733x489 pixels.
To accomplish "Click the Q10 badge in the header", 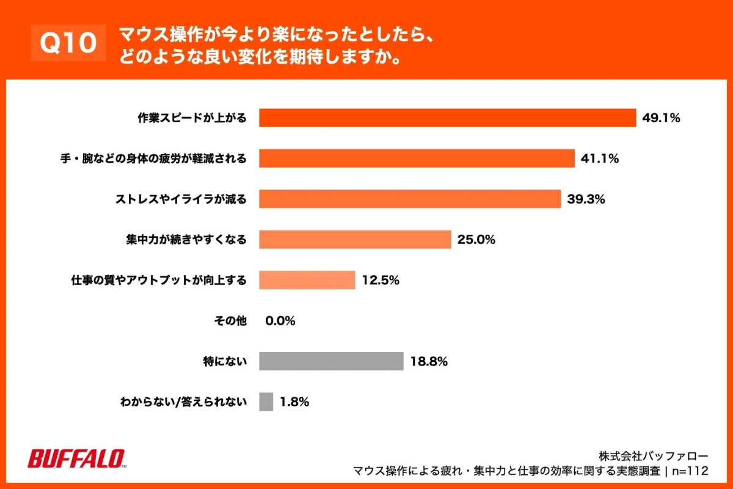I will pyautogui.click(x=68, y=43).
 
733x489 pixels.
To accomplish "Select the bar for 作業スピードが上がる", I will pyautogui.click(x=447, y=118).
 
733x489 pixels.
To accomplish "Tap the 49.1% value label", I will pyautogui.click(x=661, y=118).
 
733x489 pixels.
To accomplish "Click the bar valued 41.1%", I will pyautogui.click(x=417, y=158).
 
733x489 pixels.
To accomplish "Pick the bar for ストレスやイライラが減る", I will pyautogui.click(x=409, y=199).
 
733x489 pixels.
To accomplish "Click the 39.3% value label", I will pyautogui.click(x=586, y=199).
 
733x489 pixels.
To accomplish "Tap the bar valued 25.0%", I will pyautogui.click(x=354, y=240).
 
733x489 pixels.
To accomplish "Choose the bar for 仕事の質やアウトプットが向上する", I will pyautogui.click(x=307, y=280).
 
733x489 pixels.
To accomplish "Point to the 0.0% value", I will pyautogui.click(x=280, y=320).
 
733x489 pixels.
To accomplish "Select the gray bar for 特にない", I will pyautogui.click(x=331, y=361).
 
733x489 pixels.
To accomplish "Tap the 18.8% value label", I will pyautogui.click(x=429, y=361).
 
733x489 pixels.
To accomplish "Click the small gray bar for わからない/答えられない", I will pyautogui.click(x=266, y=402).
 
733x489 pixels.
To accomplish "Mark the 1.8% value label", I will pyautogui.click(x=294, y=402).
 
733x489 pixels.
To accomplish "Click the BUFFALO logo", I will pyautogui.click(x=76, y=458).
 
